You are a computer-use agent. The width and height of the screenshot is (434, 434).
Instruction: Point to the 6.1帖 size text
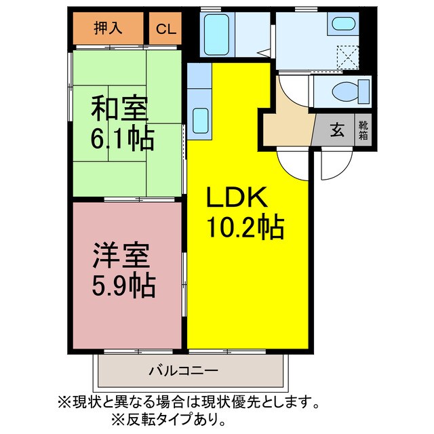122,139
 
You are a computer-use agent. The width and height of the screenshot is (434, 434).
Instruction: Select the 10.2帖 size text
244,227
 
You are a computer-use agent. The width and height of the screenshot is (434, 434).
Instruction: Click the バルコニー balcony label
182,371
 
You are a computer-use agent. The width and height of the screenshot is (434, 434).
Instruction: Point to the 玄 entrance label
336,130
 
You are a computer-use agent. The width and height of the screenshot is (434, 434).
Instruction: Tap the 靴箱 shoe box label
363,130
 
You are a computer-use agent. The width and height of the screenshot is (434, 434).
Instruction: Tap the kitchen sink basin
201,120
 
